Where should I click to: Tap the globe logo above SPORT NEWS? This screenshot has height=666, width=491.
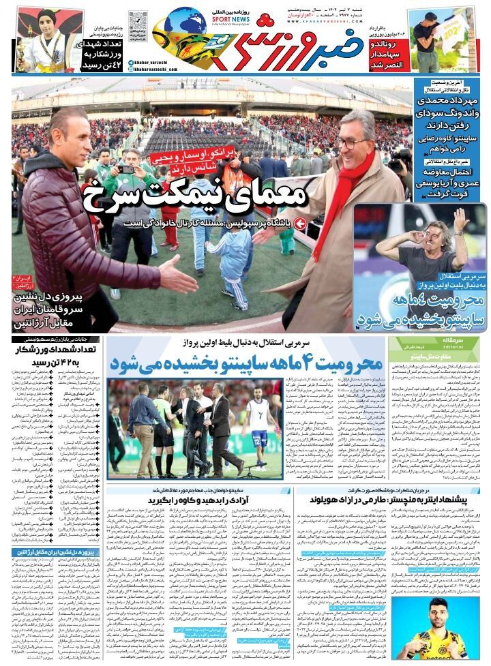[x=185, y=20]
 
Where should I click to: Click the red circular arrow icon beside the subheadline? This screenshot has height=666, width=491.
[x=299, y=223]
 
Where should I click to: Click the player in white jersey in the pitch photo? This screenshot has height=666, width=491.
[x=257, y=419]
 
